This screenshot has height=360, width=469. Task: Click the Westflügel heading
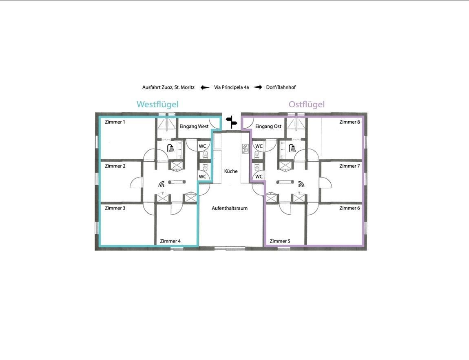click(158, 104)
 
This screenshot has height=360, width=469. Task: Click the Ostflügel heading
click(307, 104)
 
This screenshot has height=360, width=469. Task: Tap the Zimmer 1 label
click(115, 122)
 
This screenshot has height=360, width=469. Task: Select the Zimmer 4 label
click(170, 241)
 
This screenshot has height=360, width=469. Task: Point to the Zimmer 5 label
click(280, 241)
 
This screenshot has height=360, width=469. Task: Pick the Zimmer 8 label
click(350, 122)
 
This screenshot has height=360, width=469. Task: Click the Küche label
click(231, 171)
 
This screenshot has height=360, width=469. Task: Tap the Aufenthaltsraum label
click(230, 208)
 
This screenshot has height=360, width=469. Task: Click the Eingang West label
click(194, 127)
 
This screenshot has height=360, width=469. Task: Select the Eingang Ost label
click(268, 127)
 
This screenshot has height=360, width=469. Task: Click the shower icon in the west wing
click(171, 148)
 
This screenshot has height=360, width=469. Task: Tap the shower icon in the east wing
click(292, 148)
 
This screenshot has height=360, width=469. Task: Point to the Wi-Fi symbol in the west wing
click(162, 184)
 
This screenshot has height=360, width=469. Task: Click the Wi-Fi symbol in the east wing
click(301, 184)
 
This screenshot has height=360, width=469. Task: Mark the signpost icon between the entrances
click(232, 122)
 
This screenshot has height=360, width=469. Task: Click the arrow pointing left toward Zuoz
click(205, 88)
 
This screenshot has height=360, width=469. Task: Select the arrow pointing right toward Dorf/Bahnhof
click(257, 88)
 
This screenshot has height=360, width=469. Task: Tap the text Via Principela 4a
click(232, 88)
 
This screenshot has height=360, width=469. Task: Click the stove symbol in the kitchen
click(245, 149)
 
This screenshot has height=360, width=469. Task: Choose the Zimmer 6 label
click(350, 208)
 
